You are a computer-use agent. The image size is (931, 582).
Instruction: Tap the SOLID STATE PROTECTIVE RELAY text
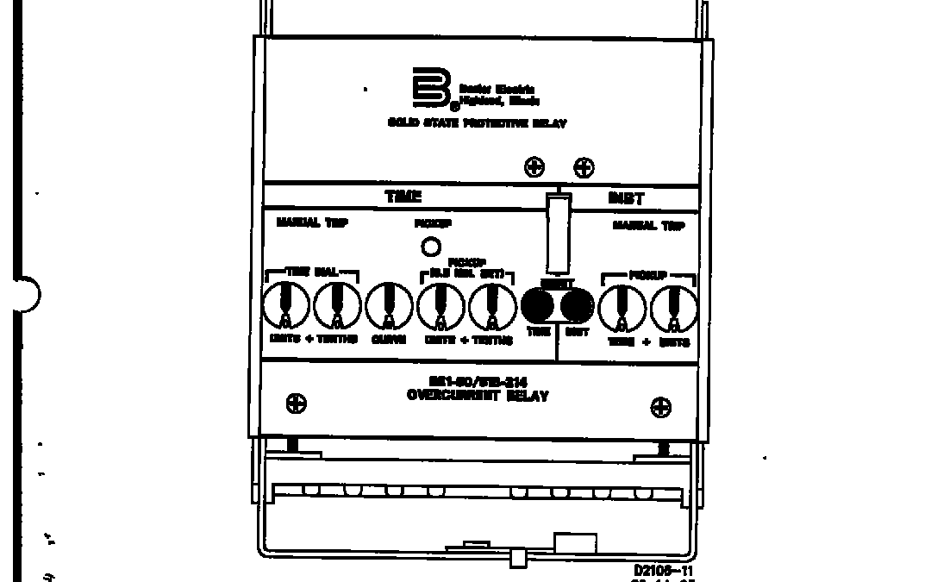click(477, 123)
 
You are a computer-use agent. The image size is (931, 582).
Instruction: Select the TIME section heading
click(403, 197)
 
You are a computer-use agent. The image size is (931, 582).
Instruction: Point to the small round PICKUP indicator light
click(430, 247)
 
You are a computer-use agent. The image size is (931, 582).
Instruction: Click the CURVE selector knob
click(389, 306)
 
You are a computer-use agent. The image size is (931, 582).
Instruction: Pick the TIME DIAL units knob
click(285, 306)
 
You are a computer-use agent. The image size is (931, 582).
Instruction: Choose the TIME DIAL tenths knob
click(337, 306)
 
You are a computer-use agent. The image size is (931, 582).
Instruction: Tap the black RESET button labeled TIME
click(537, 306)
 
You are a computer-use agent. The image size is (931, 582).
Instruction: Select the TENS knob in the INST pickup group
click(622, 306)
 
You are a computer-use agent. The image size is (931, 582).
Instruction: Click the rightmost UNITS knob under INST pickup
click(673, 306)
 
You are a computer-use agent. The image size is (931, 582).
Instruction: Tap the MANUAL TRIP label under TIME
click(312, 223)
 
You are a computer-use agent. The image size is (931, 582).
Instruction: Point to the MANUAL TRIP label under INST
click(648, 226)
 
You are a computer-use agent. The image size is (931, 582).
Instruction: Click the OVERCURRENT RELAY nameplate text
click(477, 396)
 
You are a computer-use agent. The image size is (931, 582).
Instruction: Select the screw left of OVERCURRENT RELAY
click(297, 403)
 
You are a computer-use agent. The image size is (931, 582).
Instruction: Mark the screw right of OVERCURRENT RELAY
click(660, 407)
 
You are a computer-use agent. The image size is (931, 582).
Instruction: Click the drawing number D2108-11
click(664, 570)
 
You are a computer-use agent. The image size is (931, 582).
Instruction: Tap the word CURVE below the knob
click(389, 340)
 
